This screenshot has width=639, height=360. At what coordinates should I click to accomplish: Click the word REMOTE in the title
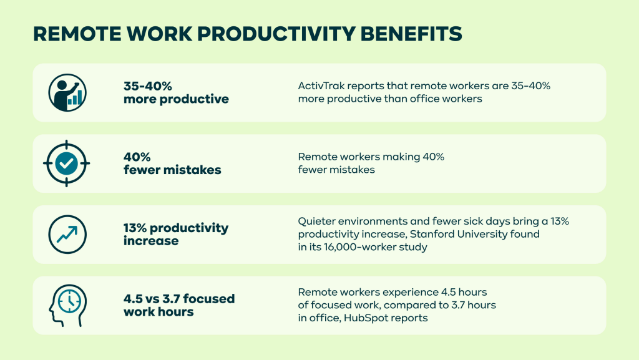(77, 34)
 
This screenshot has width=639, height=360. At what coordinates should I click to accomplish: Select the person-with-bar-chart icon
(67, 92)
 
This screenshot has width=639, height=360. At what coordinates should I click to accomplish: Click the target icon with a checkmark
(66, 163)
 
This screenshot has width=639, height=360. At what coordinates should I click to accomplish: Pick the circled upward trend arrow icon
(67, 234)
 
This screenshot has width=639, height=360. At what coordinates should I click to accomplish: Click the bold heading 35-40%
(148, 86)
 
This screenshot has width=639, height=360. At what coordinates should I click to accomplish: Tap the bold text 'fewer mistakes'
(172, 170)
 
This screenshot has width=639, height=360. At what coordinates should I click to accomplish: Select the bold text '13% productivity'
(176, 228)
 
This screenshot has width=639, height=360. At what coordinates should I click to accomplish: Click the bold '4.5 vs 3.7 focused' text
(179, 298)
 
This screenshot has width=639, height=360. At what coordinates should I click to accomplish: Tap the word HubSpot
(363, 318)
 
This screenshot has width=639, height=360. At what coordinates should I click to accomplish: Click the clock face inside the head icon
(69, 301)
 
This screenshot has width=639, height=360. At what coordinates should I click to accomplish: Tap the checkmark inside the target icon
(66, 163)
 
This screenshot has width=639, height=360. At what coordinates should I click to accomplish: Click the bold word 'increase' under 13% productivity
(151, 241)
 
